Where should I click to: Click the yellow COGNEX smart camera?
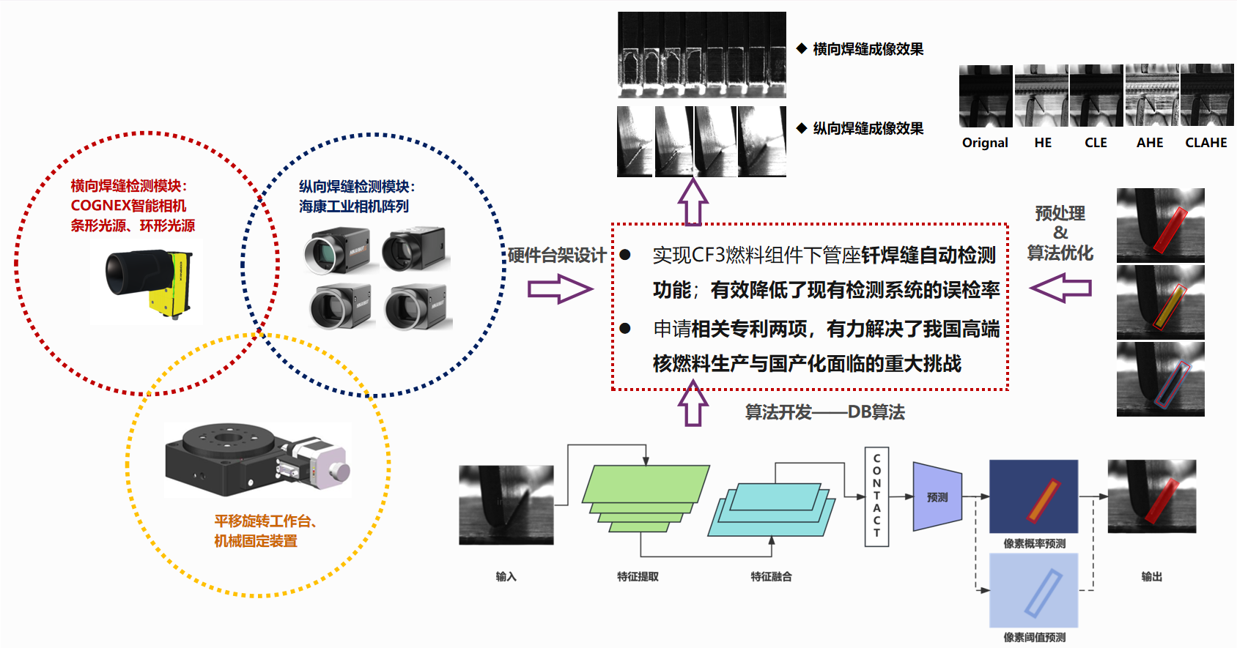tap(150, 281)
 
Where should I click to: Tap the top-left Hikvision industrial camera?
tap(337, 250)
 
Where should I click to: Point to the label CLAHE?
tap(1205, 143)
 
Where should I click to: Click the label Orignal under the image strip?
tap(985, 143)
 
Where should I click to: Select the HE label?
tap(1043, 143)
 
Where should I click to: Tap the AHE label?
tap(1149, 143)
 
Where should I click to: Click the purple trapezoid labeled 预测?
tap(937, 496)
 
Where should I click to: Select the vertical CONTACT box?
tap(876, 496)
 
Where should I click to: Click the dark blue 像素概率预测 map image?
tap(1033, 496)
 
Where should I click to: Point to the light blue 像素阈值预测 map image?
tap(1033, 590)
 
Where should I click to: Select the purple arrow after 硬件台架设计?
tap(559, 288)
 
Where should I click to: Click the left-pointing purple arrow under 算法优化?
tap(1060, 288)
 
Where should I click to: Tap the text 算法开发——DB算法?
tap(824, 412)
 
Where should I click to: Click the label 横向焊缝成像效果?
tap(868, 49)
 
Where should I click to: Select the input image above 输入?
tap(506, 505)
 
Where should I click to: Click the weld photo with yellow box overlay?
tap(1160, 302)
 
